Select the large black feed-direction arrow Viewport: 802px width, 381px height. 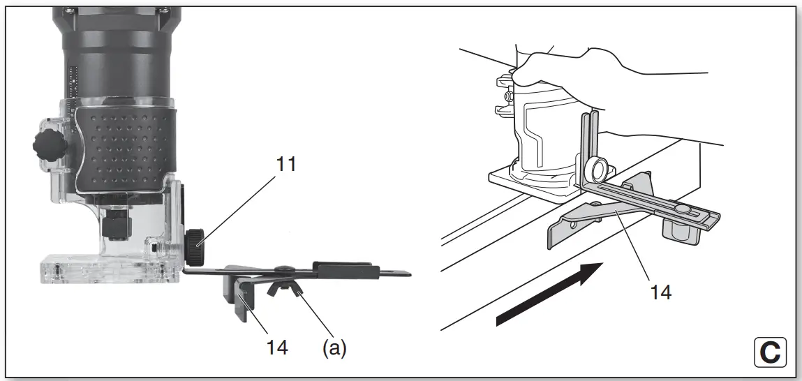[549, 293]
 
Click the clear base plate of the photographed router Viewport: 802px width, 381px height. [105, 269]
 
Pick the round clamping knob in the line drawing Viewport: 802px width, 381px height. [596, 169]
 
